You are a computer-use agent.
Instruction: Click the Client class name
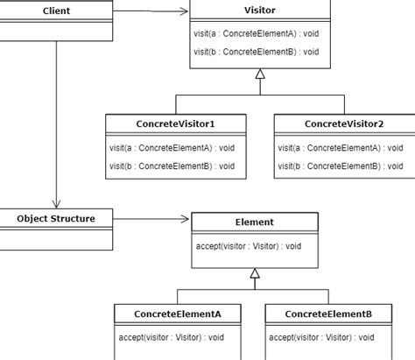pyautogui.click(x=56, y=11)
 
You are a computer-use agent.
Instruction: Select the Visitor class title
pyautogui.click(x=260, y=11)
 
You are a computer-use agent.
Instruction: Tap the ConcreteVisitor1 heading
pyautogui.click(x=175, y=124)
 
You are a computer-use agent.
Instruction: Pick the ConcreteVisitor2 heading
pyautogui.click(x=344, y=124)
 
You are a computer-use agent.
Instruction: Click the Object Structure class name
pyautogui.click(x=56, y=219)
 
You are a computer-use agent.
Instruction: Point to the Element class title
pyautogui.click(x=255, y=222)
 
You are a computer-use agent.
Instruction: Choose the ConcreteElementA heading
pyautogui.click(x=178, y=314)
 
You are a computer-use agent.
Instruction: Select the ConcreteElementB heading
pyautogui.click(x=328, y=314)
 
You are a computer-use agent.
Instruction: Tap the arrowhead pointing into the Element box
pyautogui.click(x=186, y=219)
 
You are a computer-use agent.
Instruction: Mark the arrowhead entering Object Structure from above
pyautogui.click(x=56, y=204)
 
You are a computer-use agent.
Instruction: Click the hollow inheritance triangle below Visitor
pyautogui.click(x=260, y=74)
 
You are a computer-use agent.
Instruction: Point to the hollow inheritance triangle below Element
pyautogui.click(x=255, y=273)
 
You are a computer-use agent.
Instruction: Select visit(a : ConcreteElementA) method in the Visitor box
pyautogui.click(x=257, y=33)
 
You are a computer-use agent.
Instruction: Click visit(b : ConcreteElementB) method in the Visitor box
pyautogui.click(x=257, y=52)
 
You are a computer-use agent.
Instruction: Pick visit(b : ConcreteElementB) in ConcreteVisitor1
pyautogui.click(x=172, y=166)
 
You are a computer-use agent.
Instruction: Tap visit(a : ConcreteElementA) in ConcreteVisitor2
pyautogui.click(x=341, y=148)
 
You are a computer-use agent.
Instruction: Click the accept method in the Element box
pyautogui.click(x=249, y=246)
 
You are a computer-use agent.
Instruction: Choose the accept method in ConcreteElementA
pyautogui.click(x=172, y=338)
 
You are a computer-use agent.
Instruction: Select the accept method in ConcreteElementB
pyautogui.click(x=321, y=338)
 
